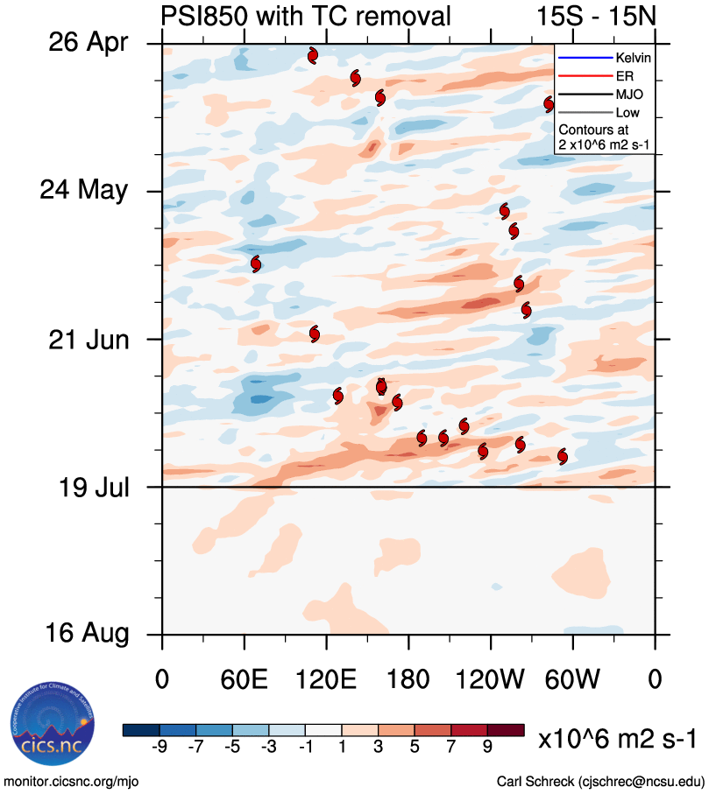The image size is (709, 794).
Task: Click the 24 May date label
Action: click(84, 190)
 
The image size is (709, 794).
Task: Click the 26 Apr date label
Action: click(87, 42)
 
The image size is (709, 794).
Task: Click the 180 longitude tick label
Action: click(408, 678)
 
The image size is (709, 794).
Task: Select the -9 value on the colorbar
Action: click(160, 747)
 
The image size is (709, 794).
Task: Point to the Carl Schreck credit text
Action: click(600, 781)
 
